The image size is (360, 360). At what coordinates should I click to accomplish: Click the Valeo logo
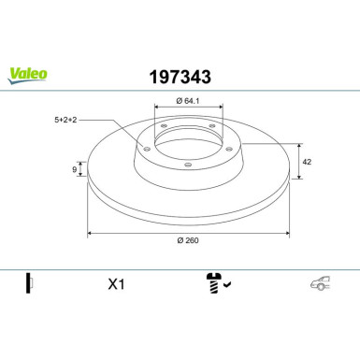tap(27, 76)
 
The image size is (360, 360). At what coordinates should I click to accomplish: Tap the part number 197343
tap(180, 77)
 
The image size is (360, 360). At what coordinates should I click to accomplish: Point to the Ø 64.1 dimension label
tap(188, 101)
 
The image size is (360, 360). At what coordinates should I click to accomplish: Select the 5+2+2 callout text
tap(65, 120)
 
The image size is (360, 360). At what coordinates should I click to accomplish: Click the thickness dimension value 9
tap(74, 169)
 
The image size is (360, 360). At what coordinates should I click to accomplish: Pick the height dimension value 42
tap(307, 162)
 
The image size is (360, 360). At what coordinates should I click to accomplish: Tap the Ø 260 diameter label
tap(188, 240)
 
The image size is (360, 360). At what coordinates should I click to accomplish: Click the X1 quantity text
tap(116, 284)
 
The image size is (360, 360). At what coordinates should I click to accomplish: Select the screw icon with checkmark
tap(218, 283)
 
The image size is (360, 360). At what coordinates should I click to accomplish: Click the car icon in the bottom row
tap(321, 283)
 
